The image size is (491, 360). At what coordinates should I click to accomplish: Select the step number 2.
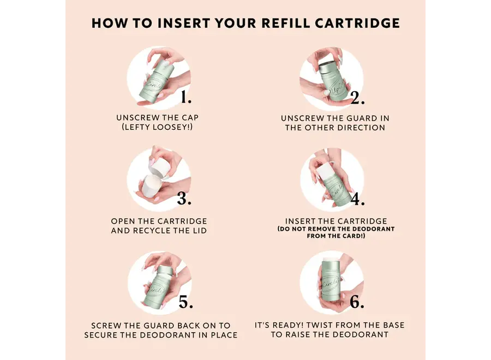tap(357, 98)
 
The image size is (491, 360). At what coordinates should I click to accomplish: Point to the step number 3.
tap(184, 199)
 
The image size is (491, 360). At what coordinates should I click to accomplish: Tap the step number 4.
tap(358, 199)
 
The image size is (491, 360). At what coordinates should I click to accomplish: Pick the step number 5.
tap(185, 302)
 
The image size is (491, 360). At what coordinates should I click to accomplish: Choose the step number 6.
tap(357, 302)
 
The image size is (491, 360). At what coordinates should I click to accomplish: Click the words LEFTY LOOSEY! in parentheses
tap(157, 127)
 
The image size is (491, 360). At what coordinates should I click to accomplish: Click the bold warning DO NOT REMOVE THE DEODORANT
tap(336, 229)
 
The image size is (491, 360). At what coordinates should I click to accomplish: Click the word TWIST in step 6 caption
tap(320, 325)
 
